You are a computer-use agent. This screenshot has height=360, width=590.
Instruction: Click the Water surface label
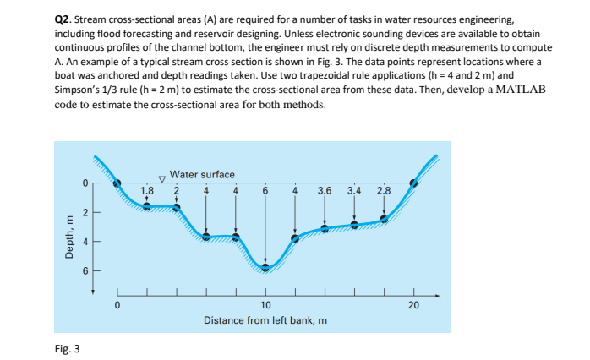coord(202,174)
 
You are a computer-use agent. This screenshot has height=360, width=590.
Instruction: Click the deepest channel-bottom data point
coord(265,268)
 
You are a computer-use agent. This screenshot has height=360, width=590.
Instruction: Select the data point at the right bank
coord(413,183)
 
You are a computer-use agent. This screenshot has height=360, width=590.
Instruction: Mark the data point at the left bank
coord(117,183)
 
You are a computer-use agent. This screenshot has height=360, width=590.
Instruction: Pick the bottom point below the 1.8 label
coord(147,206)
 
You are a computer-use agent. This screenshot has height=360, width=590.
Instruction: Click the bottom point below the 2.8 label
coord(384,219)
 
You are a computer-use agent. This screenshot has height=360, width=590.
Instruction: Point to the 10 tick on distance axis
coord(265,305)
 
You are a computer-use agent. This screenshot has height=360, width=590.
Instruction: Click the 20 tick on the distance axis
coord(413,305)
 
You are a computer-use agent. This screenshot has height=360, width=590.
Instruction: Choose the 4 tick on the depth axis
coord(85,241)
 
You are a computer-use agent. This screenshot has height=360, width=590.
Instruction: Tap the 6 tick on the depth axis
coord(85,270)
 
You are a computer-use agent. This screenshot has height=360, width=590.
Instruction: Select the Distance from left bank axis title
coord(265,321)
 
